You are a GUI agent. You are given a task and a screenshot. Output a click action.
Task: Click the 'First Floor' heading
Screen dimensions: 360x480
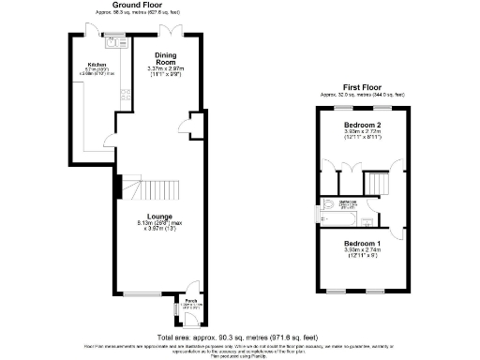[362, 87]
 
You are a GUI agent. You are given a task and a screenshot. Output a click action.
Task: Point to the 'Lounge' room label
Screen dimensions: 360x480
[152, 214]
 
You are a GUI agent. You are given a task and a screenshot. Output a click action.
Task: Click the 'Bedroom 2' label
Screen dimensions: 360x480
[361, 126]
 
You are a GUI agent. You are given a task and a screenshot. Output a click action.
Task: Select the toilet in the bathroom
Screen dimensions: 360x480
[329, 204]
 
